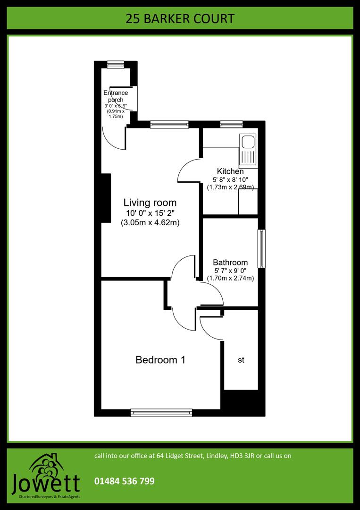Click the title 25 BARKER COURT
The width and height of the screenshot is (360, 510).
[x=180, y=19]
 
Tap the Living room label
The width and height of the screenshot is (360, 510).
[x=150, y=203]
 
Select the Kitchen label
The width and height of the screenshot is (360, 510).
[x=230, y=171]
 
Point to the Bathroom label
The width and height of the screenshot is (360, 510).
[x=230, y=263]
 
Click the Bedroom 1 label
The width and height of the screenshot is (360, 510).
[x=160, y=360]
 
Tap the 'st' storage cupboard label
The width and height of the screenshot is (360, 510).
[x=241, y=360]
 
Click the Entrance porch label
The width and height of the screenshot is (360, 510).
[x=116, y=96]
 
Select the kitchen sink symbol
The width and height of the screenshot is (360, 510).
[x=248, y=150]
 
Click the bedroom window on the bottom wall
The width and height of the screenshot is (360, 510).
[x=161, y=412]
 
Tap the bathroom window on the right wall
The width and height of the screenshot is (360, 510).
[x=261, y=249]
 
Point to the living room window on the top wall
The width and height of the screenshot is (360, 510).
[x=169, y=125]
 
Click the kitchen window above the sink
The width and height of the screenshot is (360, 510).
[x=231, y=125]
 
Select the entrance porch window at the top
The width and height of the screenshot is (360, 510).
[x=115, y=65]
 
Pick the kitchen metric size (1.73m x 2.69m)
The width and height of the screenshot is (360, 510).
[x=230, y=187]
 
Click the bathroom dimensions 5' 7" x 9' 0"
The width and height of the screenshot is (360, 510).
[x=230, y=271]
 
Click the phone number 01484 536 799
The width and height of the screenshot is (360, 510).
[x=125, y=481]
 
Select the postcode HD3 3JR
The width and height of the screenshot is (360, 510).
[x=242, y=456]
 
